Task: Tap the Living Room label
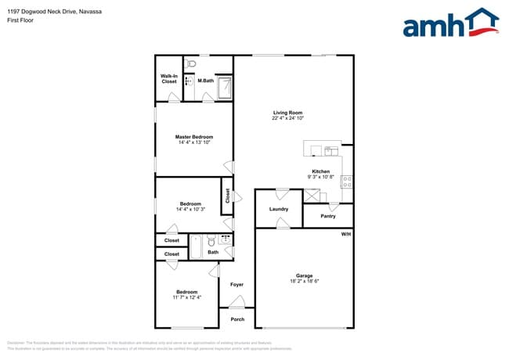coord(288,113)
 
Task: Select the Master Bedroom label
coord(194,137)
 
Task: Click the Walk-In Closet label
coord(169,78)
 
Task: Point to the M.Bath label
coord(206,81)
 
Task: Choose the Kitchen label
coord(321,171)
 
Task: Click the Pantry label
coord(328,216)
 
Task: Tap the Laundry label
coord(279,209)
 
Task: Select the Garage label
coord(304,275)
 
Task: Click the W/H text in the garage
coord(345,235)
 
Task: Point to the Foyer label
coord(236,285)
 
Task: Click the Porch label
coord(237,319)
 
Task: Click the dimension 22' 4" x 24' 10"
coord(288,118)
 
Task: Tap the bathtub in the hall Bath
coord(197,247)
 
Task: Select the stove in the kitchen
coord(346,181)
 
